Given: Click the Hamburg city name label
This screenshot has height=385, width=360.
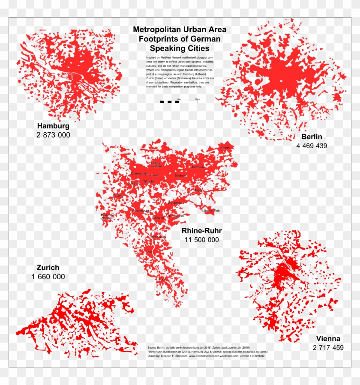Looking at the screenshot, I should click(x=53, y=126).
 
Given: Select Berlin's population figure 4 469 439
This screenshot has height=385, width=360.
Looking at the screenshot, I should click(x=311, y=146).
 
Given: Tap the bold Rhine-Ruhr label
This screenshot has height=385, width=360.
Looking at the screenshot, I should click(x=202, y=231).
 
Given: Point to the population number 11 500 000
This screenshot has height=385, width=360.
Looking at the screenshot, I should click(x=202, y=240).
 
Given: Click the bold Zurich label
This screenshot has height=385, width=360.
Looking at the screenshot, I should click(x=48, y=268).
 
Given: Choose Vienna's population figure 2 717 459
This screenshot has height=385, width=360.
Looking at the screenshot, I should click(x=328, y=347).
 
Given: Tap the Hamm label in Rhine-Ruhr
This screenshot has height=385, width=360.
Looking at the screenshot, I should click(x=225, y=148).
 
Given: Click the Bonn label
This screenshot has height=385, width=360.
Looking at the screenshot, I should click(x=162, y=279).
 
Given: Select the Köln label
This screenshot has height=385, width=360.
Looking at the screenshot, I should click(x=149, y=252).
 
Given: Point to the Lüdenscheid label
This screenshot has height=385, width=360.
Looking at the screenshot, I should click(x=211, y=211).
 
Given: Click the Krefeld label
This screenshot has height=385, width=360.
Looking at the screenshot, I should click(x=118, y=195).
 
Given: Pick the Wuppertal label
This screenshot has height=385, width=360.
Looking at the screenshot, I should click(x=176, y=203).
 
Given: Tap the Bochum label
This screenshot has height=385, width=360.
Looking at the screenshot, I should click(x=180, y=176).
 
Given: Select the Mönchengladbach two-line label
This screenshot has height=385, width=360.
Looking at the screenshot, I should click(x=107, y=216).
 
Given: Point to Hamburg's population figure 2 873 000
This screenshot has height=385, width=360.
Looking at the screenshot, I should click(x=53, y=135).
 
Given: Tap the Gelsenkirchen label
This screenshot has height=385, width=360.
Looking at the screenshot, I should click(x=156, y=164).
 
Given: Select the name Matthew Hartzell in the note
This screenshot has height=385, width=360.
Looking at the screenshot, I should click(x=171, y=57).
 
